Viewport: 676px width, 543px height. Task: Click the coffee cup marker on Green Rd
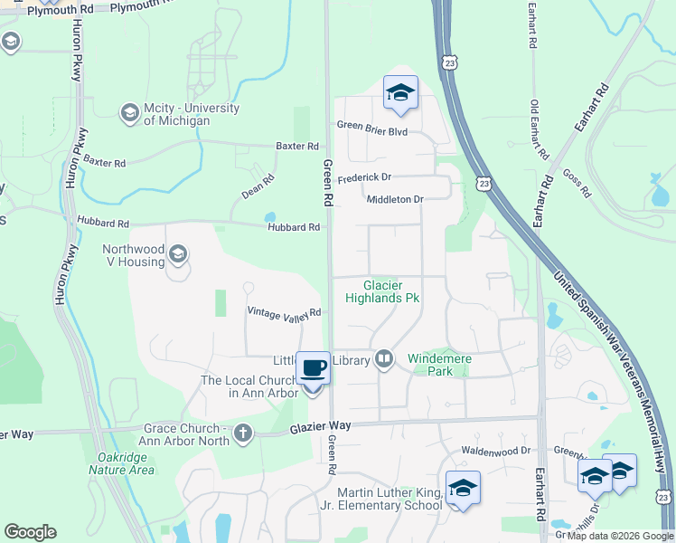coord(313,368)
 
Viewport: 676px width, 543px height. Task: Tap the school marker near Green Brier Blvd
coord(400,92)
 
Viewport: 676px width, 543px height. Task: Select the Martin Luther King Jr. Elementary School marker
coord(462,489)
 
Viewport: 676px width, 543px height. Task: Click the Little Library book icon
coord(384,359)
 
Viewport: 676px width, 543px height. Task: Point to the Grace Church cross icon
coord(242,433)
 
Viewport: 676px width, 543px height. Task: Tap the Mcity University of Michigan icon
coord(129,112)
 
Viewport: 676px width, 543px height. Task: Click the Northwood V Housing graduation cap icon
coord(178,254)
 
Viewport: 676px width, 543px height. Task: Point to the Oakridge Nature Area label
coord(120,463)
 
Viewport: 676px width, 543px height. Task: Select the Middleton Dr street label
coord(395,199)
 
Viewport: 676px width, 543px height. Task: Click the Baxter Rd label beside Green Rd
coord(297,146)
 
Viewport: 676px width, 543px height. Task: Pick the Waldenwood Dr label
coord(492,451)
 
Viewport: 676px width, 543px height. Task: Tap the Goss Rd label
coord(576,186)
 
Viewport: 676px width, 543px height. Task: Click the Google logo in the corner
coord(30,532)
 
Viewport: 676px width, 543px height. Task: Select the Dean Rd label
coord(258,187)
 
